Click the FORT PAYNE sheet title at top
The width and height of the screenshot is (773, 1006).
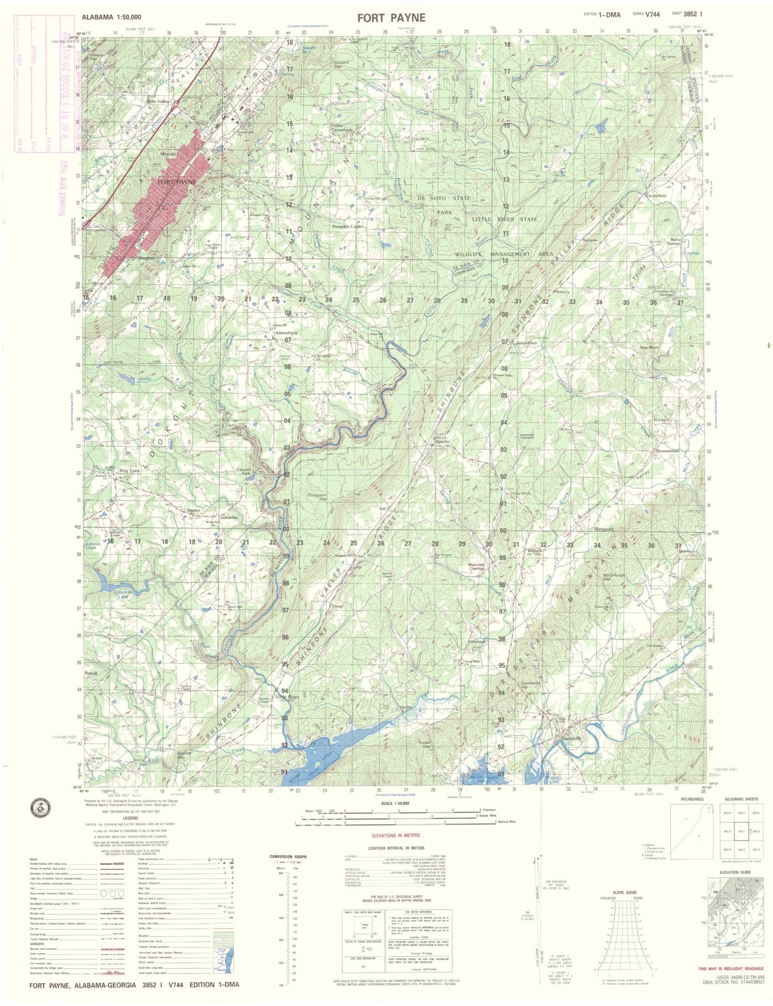tap(392, 18)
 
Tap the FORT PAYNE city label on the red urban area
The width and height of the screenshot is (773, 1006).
tap(176, 182)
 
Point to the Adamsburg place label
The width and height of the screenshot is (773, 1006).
tap(287, 333)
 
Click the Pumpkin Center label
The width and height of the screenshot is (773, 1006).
tap(349, 226)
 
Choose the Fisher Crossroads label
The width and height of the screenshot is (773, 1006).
tap(342, 127)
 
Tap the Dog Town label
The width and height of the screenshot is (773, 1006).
tap(129, 471)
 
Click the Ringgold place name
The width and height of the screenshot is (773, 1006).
tap(603, 529)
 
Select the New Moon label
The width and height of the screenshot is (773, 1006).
tap(649, 348)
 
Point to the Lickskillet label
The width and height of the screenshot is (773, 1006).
tap(228, 517)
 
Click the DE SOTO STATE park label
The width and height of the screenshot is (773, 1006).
tap(445, 198)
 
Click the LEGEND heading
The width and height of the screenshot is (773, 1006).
tap(130, 818)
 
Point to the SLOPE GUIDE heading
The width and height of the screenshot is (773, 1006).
tap(625, 892)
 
